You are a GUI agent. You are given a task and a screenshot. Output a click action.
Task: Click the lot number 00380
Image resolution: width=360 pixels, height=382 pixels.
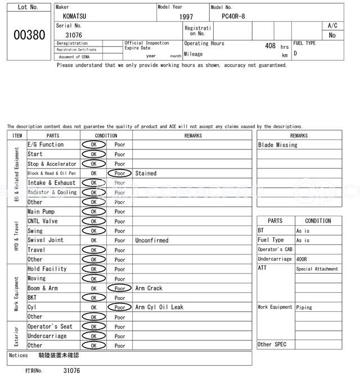(29, 35)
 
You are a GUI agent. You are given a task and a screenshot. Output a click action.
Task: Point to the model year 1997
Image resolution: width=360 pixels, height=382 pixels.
(186, 17)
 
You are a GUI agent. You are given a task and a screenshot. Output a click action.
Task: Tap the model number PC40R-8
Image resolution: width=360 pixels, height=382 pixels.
(233, 16)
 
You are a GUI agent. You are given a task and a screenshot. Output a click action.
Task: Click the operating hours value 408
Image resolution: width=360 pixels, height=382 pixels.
(270, 46)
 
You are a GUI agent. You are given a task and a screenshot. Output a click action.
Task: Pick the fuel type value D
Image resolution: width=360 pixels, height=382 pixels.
(295, 54)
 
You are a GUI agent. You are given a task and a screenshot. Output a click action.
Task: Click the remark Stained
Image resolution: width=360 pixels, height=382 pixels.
(146, 174)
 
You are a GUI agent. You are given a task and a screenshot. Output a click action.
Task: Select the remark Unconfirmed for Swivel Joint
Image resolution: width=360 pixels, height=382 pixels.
(151, 240)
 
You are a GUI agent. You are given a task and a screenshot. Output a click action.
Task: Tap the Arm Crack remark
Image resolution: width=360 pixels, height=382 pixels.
(148, 288)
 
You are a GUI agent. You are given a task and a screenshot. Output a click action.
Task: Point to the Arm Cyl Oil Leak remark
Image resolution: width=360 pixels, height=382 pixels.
(159, 307)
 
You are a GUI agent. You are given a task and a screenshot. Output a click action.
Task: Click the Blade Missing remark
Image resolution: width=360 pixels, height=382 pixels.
(278, 145)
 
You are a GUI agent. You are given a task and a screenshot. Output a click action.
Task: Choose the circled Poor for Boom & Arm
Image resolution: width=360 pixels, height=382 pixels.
(120, 288)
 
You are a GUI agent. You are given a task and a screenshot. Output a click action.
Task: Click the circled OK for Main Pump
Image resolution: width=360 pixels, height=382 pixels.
(93, 212)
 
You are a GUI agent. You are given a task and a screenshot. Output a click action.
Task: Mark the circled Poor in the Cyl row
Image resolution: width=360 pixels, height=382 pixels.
(120, 307)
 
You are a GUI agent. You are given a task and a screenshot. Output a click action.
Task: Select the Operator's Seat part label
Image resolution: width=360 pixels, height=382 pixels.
(50, 326)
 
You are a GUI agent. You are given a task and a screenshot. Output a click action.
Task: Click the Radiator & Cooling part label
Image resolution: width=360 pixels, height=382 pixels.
(52, 192)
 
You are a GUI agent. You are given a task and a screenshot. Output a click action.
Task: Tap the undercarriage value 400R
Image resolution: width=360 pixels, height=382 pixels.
(303, 259)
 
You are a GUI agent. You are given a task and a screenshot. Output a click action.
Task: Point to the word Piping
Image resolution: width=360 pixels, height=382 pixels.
(304, 307)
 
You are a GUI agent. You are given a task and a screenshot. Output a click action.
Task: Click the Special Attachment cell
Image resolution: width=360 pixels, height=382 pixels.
(317, 269)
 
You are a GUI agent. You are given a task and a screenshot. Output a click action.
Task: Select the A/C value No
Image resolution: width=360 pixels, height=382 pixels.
(332, 35)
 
